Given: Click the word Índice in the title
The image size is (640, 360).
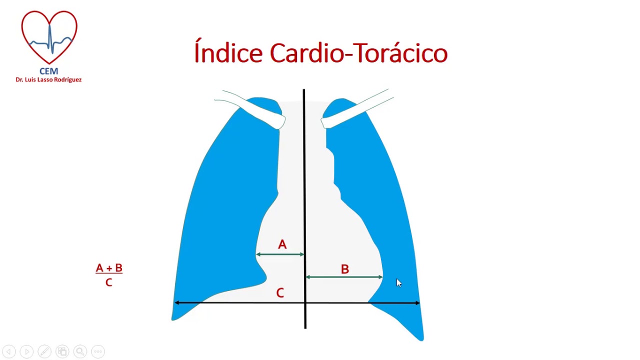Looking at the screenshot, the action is point(228,53).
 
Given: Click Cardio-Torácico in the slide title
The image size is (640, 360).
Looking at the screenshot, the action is point(358,53).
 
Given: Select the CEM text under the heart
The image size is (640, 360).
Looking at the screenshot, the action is point(48,71).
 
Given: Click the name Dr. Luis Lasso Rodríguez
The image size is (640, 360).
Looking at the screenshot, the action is point(48,80).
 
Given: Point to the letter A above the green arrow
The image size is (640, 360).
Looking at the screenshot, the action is point(282,244).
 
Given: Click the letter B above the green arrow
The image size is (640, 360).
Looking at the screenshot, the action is point(344,269).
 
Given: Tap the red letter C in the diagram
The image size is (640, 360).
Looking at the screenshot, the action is point(280,293).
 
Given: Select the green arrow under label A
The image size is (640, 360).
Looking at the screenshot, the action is point(280,254).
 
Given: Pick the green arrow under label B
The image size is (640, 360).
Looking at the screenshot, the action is point(344,277).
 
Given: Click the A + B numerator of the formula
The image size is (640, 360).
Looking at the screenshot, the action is point(109,268).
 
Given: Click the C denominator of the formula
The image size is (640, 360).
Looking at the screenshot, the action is point(108,283).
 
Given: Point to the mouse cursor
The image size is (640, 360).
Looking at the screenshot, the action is point(398,283).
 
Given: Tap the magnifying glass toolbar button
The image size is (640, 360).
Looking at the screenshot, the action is point(80,351).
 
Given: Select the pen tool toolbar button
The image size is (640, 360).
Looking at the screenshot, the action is point(44,351).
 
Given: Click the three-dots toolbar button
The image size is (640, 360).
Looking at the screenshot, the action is point(98,351).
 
